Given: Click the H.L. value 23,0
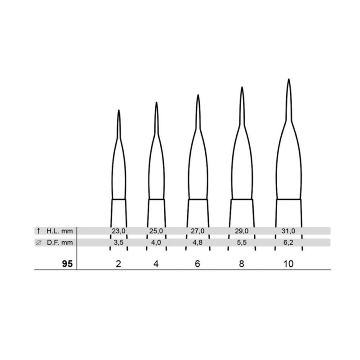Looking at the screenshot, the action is (x=118, y=231).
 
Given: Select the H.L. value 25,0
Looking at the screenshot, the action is (x=156, y=231).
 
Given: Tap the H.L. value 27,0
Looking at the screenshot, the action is (x=198, y=231).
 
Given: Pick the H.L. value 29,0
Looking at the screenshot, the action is (x=242, y=231).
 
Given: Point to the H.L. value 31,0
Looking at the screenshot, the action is (x=288, y=231).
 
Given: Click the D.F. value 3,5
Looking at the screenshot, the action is (x=118, y=243).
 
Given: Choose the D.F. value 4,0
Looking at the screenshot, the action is (x=156, y=243).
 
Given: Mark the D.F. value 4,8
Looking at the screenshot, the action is (x=198, y=243).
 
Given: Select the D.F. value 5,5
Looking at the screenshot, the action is (x=242, y=243).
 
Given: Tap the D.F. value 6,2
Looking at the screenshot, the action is (x=288, y=243).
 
